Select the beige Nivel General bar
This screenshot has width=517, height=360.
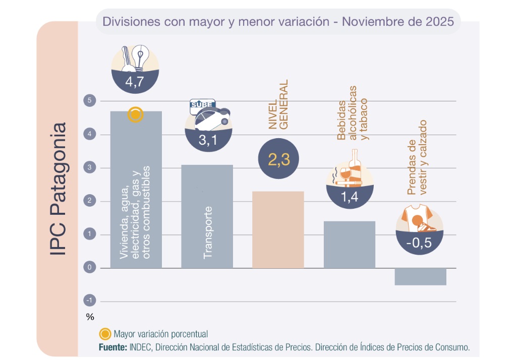tap(278, 229)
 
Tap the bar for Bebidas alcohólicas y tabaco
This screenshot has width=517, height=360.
tap(350, 245)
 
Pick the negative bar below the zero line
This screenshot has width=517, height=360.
tap(420, 277)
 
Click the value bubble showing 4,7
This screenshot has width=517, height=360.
tap(135, 82)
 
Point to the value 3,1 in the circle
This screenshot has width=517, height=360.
tap(207, 141)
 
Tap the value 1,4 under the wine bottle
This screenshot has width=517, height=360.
tap(350, 197)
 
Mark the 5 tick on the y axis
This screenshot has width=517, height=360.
tap(89, 101)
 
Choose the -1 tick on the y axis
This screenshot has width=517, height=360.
tap(89, 301)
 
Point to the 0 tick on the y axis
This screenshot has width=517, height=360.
tap(89, 268)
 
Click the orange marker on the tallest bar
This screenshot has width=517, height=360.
tap(135, 115)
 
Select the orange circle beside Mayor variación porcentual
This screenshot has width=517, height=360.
tap(105, 334)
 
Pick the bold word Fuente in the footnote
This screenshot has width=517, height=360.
tap(112, 347)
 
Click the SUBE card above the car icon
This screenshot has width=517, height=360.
tap(202, 106)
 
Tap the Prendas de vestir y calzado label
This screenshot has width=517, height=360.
tap(417, 157)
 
